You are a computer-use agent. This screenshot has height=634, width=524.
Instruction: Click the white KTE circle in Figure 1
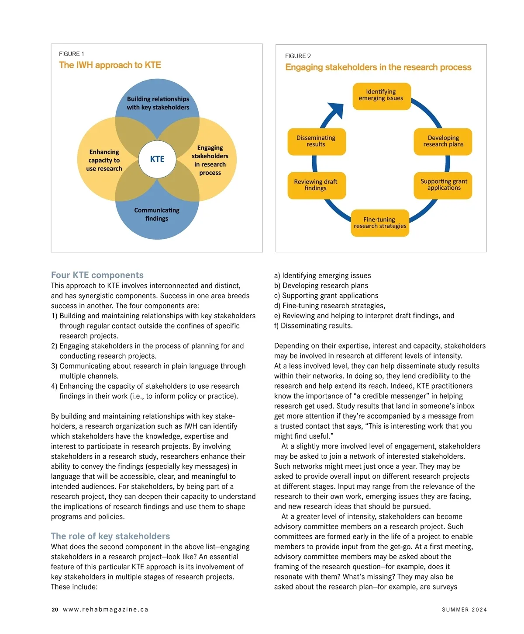coord(157,159)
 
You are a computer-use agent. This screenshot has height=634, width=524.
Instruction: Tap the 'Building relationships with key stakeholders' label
coord(158,103)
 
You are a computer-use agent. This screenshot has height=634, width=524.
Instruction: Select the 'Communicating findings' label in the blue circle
coord(157,214)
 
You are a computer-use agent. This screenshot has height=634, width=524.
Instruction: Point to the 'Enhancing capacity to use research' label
coord(104,160)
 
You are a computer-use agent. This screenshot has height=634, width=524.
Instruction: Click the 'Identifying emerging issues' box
coord(382,96)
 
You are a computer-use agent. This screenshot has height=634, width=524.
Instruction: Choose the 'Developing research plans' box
coord(443,141)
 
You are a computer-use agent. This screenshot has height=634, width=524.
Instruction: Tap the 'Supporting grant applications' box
coord(443,185)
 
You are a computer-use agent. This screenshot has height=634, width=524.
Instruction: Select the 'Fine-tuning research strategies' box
coord(380,223)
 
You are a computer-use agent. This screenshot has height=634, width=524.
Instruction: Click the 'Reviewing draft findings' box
coord(316,185)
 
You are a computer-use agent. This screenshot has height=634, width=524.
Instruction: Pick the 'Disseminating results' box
coord(316,141)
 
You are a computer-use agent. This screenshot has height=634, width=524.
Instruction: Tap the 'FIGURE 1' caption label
coord(72,54)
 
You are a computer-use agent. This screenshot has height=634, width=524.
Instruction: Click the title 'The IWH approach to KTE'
coord(110,65)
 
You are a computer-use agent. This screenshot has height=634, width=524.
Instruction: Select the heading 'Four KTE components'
coord(97,275)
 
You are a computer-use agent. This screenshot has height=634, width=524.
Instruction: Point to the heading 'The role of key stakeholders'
coord(110,536)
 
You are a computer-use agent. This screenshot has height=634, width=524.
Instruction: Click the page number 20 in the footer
coord(55,610)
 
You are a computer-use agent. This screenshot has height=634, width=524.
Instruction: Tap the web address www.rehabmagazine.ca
coord(106,610)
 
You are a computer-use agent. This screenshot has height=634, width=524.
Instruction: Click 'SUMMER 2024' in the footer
coord(464,610)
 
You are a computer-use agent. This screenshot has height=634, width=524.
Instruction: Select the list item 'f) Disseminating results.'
coord(314,326)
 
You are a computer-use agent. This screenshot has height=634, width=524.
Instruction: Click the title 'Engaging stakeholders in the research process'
coord(378,67)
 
